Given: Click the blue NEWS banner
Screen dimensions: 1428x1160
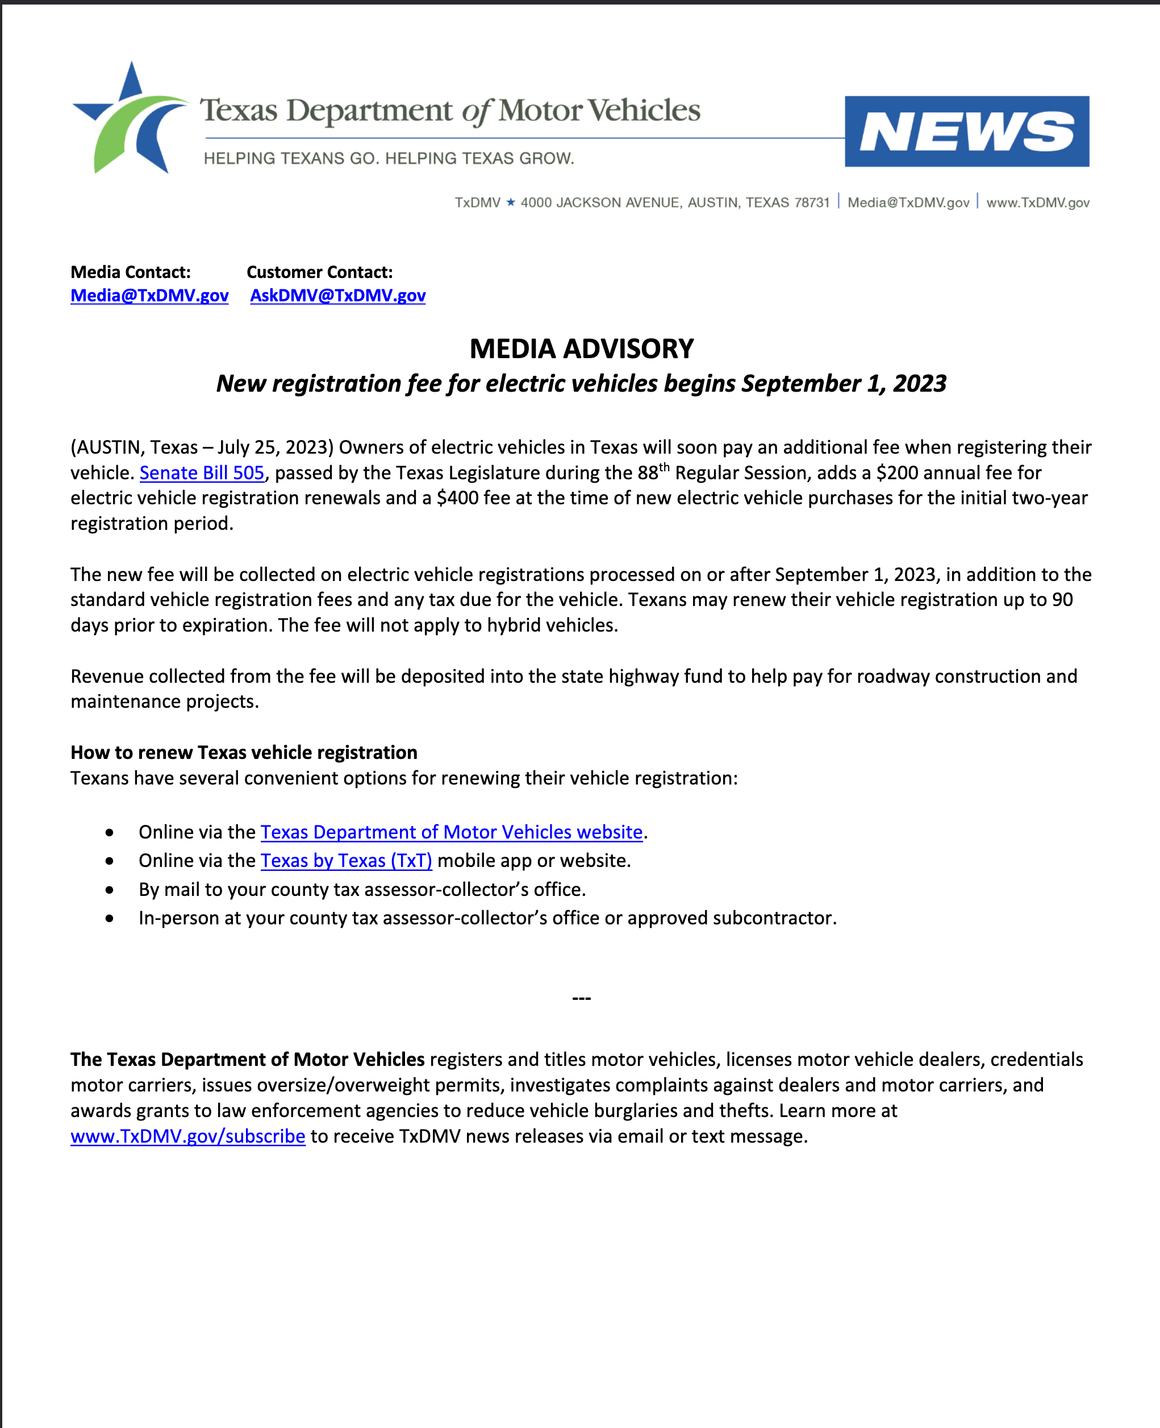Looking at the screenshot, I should [966, 132].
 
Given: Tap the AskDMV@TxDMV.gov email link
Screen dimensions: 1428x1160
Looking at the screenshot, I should [337, 296].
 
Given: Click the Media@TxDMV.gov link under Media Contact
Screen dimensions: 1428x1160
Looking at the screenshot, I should [149, 296].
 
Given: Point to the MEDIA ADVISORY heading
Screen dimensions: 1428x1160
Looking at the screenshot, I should [581, 349].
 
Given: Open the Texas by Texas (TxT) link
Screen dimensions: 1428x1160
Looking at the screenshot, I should [346, 861].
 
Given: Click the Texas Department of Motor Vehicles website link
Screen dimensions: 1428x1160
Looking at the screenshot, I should [451, 832].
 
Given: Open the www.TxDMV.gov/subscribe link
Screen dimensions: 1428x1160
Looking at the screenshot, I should [188, 1136].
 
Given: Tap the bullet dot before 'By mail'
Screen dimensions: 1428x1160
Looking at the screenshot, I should [110, 890].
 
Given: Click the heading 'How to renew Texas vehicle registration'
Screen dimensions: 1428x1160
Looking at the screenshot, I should [244, 752].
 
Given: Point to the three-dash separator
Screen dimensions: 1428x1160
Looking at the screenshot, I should [581, 998].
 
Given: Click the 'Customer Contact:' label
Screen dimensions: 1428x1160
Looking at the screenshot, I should [319, 272].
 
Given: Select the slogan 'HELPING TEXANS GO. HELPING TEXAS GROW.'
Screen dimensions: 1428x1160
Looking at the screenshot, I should [389, 159].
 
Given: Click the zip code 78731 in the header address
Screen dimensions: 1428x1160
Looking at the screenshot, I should [811, 202].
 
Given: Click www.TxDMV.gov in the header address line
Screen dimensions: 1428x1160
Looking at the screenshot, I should [1037, 202].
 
